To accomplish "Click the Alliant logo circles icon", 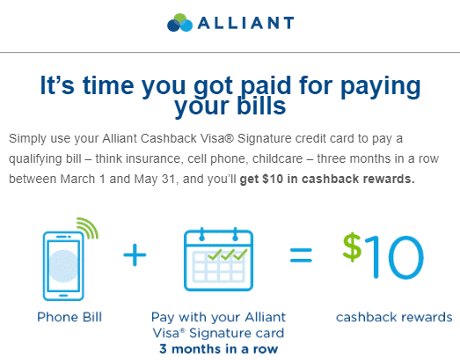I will tap(179, 21).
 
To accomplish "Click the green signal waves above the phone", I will tap(88, 228).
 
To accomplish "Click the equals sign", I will tap(299, 256).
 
